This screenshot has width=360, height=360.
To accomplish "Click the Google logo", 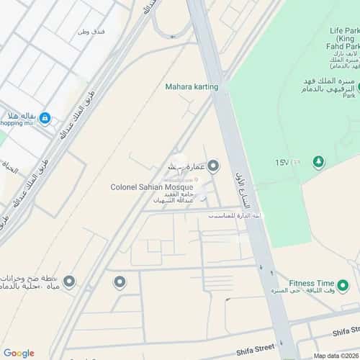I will [x=19, y=353].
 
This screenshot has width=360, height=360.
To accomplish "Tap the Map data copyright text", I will [x=334, y=356].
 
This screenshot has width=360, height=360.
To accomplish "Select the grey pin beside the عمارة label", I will [x=212, y=167].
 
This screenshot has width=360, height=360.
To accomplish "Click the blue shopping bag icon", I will [x=45, y=118].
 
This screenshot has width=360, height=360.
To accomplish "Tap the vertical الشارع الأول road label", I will [x=243, y=189].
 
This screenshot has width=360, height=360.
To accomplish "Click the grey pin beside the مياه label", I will [x=69, y=281].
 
